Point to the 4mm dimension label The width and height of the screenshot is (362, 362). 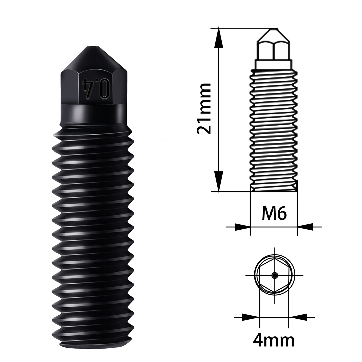point(274,341)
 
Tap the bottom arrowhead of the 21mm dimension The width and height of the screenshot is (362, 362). point(219,182)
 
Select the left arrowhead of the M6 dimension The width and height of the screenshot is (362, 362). point(242,227)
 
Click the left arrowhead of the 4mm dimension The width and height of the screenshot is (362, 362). point(251,317)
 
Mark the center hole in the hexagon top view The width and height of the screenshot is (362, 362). point(275,276)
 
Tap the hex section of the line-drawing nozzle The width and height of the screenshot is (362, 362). point(274,51)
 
